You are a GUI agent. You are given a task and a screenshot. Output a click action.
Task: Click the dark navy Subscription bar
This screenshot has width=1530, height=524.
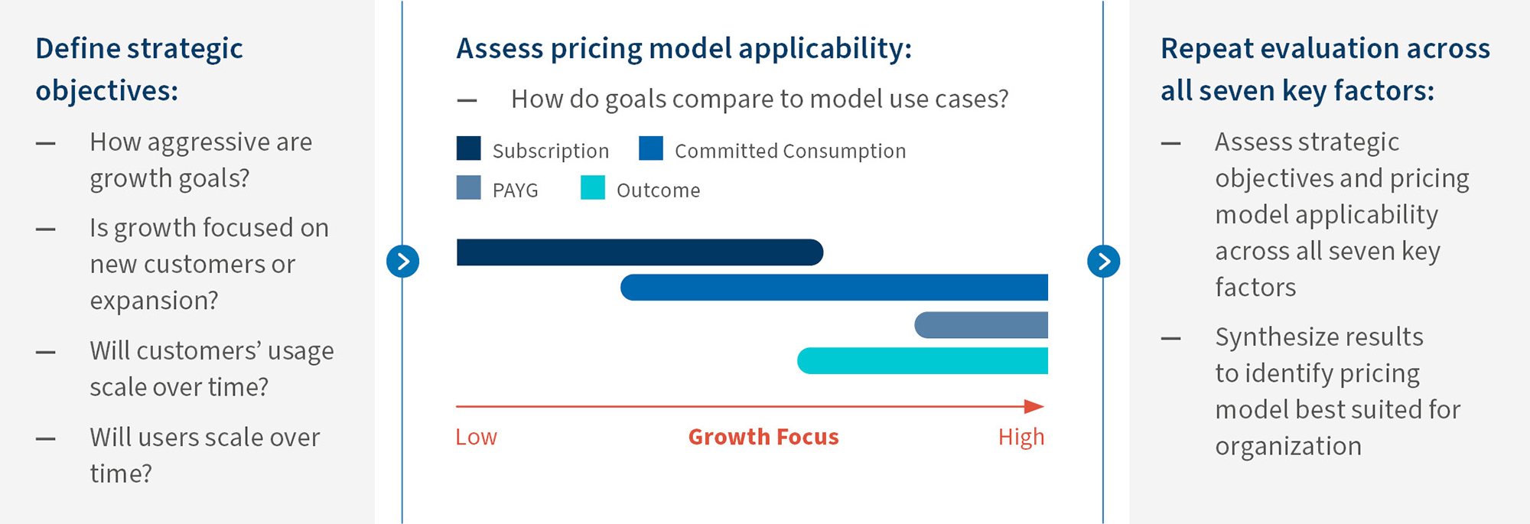click(639, 252)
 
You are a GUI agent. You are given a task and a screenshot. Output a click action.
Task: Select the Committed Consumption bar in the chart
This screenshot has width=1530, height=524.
click(834, 288)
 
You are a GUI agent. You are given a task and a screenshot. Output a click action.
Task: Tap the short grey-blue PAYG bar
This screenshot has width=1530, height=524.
click(981, 325)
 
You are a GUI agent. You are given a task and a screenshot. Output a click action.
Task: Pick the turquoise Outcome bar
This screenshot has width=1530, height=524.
click(922, 361)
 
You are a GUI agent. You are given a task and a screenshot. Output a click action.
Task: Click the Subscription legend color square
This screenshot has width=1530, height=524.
click(468, 148)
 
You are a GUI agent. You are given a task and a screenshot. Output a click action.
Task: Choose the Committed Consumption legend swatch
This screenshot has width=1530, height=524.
click(651, 148)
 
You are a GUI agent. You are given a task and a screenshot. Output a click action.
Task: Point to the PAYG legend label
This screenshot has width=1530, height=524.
click(515, 190)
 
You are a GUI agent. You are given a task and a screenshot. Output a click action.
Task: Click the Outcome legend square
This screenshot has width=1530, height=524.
click(592, 188)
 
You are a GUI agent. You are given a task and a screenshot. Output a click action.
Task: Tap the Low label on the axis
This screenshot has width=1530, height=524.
click(476, 437)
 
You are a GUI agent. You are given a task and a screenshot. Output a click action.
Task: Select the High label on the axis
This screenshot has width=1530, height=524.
click(1021, 437)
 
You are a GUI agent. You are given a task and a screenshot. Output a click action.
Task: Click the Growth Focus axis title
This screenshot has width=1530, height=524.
click(763, 437)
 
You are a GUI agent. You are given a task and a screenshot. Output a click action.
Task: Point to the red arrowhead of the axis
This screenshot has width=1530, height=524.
click(1034, 406)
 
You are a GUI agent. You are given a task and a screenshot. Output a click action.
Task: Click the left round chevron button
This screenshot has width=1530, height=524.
click(402, 262)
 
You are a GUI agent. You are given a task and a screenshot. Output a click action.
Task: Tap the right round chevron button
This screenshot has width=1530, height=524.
click(1103, 262)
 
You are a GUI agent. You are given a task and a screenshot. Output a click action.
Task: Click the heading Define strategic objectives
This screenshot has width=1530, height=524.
click(139, 69)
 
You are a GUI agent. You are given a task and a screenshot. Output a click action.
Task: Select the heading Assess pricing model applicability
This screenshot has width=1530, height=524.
click(683, 49)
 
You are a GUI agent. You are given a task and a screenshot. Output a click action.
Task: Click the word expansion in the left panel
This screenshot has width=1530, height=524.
click(154, 301)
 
